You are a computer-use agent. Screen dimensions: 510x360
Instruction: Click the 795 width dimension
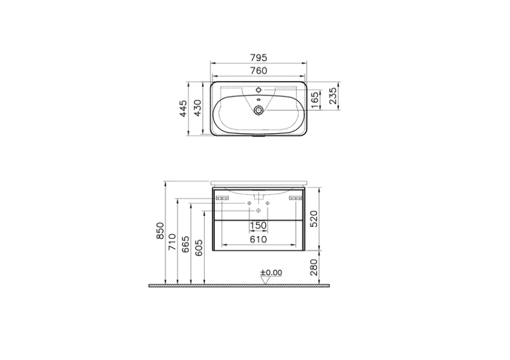(259, 58)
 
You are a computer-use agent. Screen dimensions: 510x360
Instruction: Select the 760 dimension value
(259, 71)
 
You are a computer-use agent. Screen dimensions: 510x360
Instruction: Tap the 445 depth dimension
(184, 109)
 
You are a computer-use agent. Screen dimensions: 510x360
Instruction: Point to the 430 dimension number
(197, 108)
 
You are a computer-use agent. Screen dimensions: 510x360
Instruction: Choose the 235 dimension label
(333, 95)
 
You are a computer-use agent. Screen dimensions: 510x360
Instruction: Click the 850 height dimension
(161, 231)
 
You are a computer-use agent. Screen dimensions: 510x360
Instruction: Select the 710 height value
(172, 242)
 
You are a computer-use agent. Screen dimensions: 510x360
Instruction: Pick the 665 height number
(185, 245)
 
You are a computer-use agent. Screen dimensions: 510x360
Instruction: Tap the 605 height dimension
(199, 248)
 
